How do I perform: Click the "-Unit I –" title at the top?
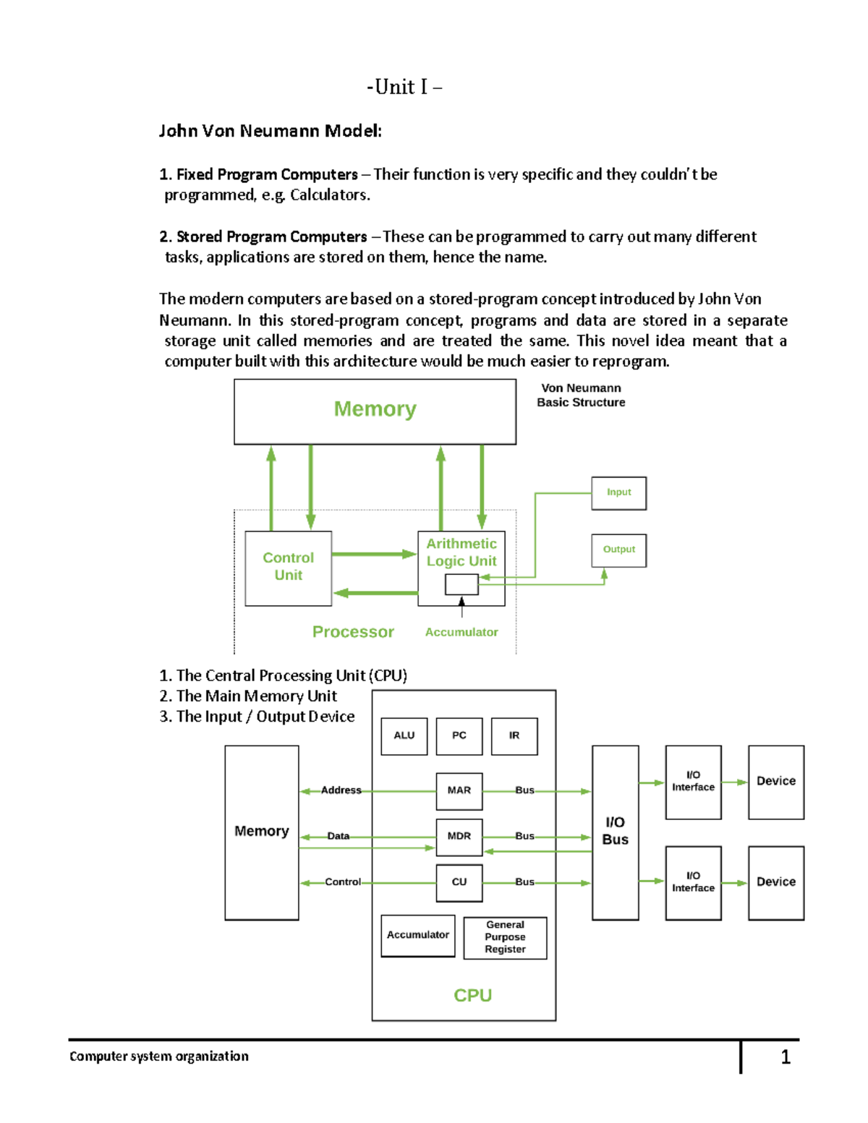[x=404, y=87]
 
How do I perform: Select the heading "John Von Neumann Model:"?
[x=270, y=131]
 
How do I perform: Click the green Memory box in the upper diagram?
[x=375, y=411]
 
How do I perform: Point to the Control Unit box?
[x=288, y=568]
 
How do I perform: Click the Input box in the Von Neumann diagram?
[x=618, y=492]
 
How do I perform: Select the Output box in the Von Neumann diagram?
[x=618, y=550]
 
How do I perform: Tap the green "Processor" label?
[x=353, y=632]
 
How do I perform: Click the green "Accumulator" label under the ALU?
[x=461, y=632]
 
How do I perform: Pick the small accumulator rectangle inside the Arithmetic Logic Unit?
[x=461, y=584]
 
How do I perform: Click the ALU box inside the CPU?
[x=404, y=735]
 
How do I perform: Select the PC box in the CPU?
[x=459, y=735]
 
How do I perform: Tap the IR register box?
[x=514, y=735]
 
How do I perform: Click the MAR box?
[x=459, y=790]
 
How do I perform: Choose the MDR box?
[x=459, y=837]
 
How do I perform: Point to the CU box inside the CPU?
[x=459, y=882]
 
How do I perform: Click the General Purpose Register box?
[x=505, y=937]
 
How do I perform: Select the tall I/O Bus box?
[x=615, y=832]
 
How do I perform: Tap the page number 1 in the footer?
[x=786, y=1057]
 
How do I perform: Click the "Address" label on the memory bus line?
[x=341, y=790]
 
